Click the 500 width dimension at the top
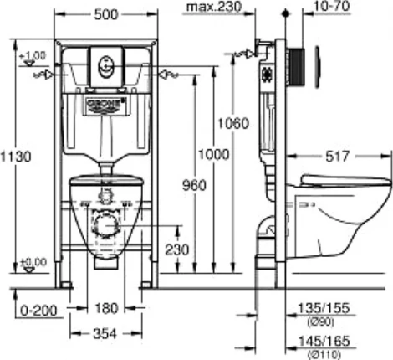(x=105, y=15)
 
